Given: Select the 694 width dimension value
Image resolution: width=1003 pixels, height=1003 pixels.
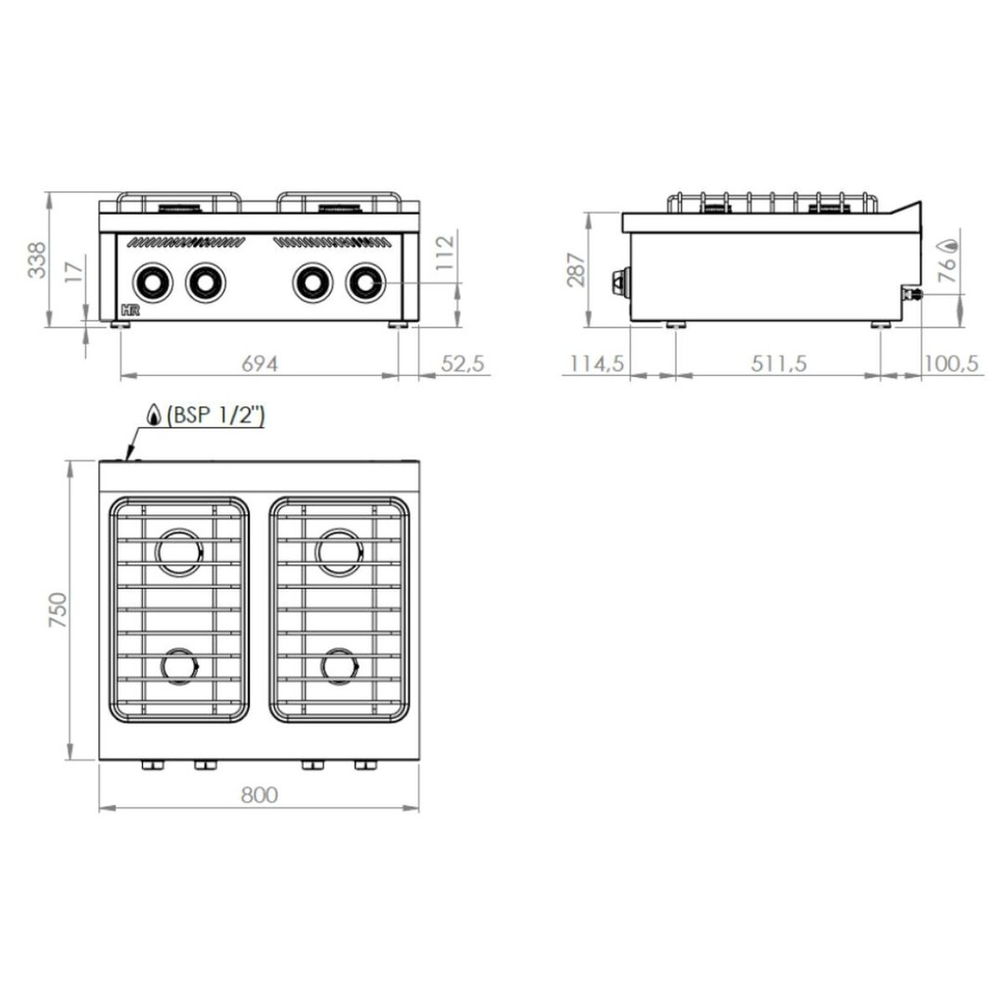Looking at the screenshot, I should (259, 363).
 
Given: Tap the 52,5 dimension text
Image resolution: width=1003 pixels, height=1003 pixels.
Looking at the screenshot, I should (462, 363).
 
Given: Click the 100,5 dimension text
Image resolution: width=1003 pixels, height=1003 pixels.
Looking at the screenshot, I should (951, 363).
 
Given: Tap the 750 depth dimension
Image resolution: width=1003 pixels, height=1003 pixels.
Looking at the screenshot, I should (56, 611).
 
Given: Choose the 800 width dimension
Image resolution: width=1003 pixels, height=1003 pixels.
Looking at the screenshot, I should (259, 795).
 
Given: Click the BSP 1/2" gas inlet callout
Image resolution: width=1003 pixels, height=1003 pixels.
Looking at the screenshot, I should (215, 415).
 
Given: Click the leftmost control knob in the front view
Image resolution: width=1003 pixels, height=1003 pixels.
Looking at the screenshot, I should (153, 283).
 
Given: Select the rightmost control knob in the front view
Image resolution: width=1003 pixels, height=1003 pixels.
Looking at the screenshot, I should (365, 283).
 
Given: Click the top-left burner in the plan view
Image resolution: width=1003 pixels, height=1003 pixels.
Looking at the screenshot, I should (181, 551).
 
